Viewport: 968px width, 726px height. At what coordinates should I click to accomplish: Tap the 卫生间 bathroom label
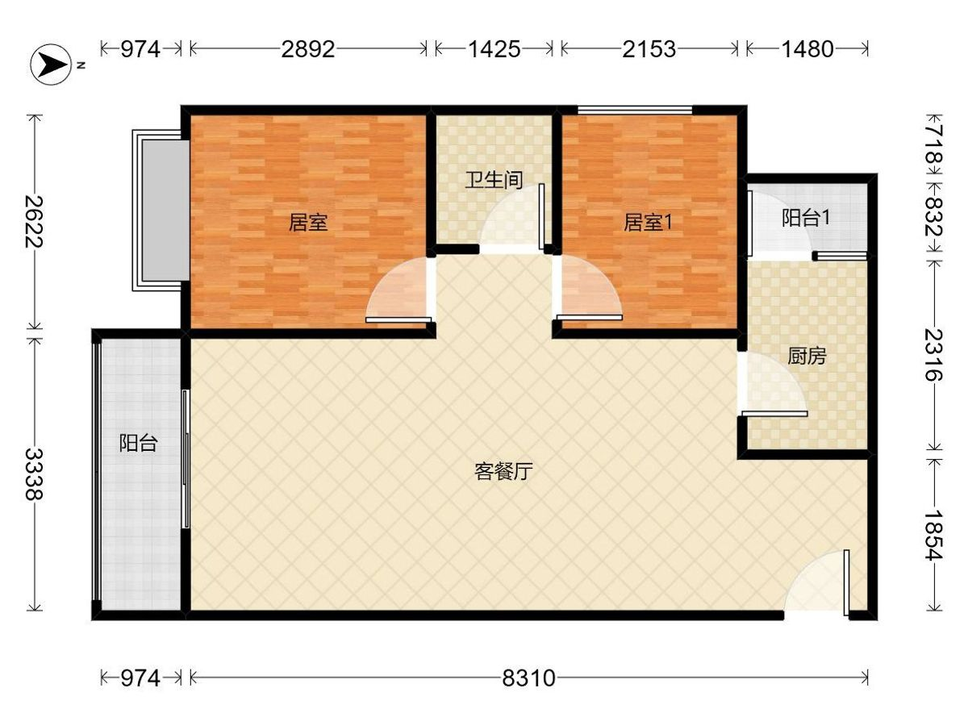493,180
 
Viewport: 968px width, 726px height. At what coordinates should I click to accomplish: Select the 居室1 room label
647,223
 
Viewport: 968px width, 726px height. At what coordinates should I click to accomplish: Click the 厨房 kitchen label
806,356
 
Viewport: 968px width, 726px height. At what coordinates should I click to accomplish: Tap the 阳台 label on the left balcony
138,443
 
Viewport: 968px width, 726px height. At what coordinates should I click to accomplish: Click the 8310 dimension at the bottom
528,678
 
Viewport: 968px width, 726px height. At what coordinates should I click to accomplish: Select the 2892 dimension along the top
307,49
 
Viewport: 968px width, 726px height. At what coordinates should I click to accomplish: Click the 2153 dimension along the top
649,49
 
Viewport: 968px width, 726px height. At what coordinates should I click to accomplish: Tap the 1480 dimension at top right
807,49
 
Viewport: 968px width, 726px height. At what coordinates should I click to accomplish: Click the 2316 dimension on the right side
934,354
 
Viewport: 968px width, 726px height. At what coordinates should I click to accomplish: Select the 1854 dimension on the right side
934,535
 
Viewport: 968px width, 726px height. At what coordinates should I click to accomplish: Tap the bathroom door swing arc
511,223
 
